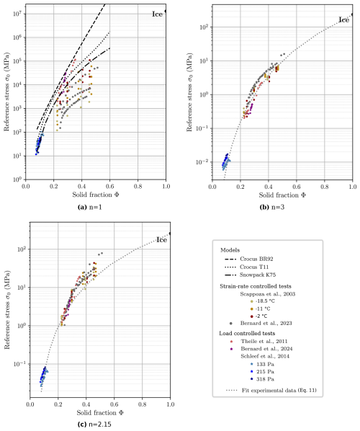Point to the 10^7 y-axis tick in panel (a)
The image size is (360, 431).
pyautogui.click(x=20, y=14)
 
